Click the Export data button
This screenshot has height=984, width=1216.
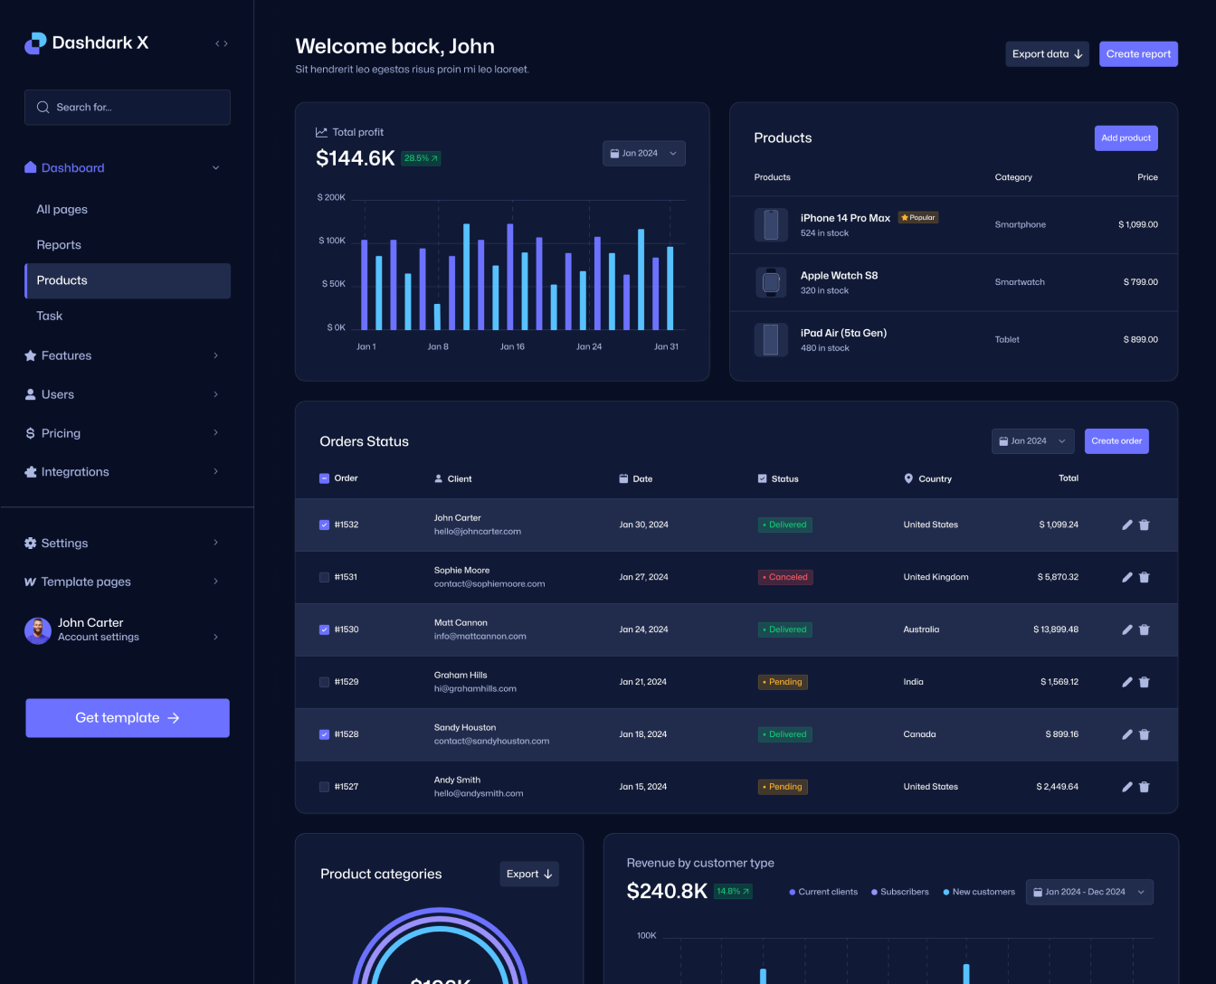pos(1047,54)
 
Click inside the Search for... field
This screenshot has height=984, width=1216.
pos(128,108)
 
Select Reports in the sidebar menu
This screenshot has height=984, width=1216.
pos(59,245)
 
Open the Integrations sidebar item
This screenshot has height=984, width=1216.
pos(75,472)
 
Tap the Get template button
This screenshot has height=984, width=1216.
pos(128,718)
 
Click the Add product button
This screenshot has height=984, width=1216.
pos(1126,138)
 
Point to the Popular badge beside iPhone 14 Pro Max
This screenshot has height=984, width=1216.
pos(918,218)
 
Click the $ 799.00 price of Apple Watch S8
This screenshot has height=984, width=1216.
pos(1140,282)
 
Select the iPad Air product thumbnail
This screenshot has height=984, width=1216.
pos(771,340)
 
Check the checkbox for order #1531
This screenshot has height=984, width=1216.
pos(325,577)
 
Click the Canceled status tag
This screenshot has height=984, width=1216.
pos(785,577)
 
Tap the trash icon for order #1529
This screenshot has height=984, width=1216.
pos(1145,683)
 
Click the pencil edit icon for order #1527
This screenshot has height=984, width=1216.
pos(1127,787)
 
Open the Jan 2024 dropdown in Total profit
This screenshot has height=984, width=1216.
pos(643,154)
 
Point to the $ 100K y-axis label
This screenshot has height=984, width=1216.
pos(332,241)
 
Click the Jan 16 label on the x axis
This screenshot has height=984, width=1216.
pos(512,347)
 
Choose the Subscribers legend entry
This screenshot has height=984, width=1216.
pos(900,892)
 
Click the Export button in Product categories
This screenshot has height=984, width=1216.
pos(529,875)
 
